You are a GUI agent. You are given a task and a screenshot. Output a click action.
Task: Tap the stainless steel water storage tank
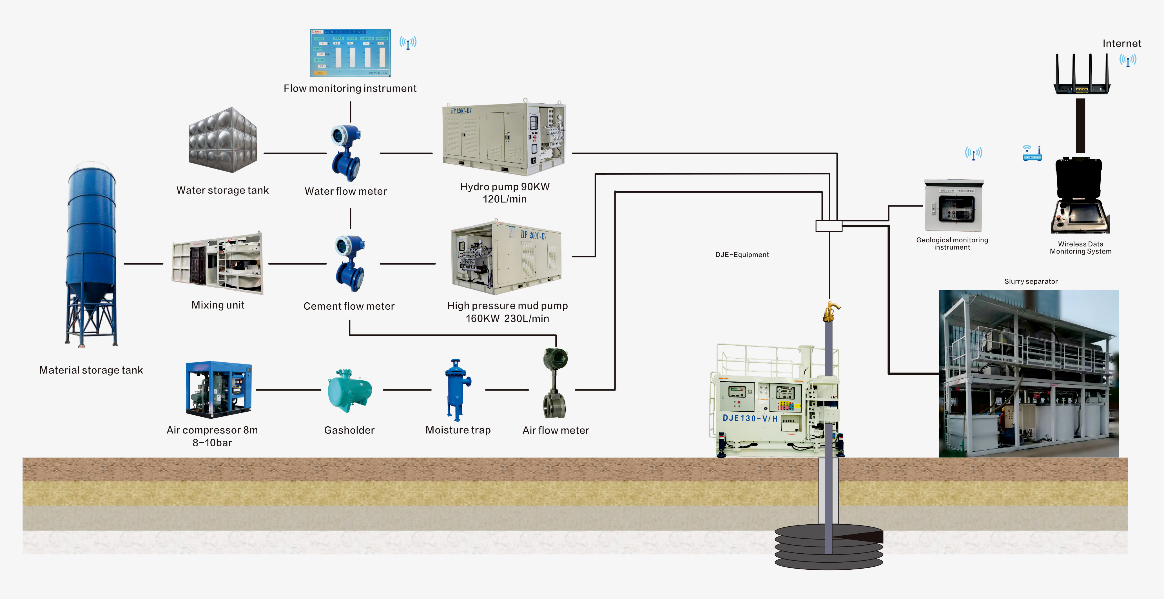tap(223, 140)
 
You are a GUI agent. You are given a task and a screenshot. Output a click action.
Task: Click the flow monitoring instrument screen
tap(350, 53)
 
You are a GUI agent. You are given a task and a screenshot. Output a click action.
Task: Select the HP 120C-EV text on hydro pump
tap(461, 111)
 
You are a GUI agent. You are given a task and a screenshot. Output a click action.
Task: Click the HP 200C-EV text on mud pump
tap(533, 235)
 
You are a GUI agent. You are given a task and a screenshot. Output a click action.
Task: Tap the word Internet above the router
tap(1121, 43)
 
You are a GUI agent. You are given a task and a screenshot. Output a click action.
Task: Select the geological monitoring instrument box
tap(953, 206)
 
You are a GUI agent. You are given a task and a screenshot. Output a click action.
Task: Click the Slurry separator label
tap(1031, 281)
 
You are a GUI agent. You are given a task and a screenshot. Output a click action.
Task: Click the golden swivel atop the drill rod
tap(830, 311)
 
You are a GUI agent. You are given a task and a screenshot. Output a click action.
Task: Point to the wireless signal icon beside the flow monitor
tap(408, 43)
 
